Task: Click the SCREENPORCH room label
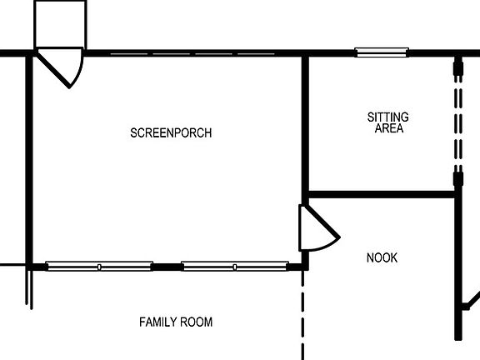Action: tap(171, 133)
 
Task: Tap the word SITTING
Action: tap(387, 117)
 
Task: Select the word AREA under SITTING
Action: tap(388, 128)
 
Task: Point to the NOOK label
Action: tap(382, 258)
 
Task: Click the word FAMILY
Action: tap(157, 322)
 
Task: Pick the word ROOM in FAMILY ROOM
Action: tap(197, 322)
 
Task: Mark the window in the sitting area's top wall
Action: tap(382, 52)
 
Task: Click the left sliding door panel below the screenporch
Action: tap(99, 267)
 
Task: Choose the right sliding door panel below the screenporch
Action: tap(234, 267)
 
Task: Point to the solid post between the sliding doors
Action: tap(167, 267)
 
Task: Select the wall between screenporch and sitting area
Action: tap(305, 125)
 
